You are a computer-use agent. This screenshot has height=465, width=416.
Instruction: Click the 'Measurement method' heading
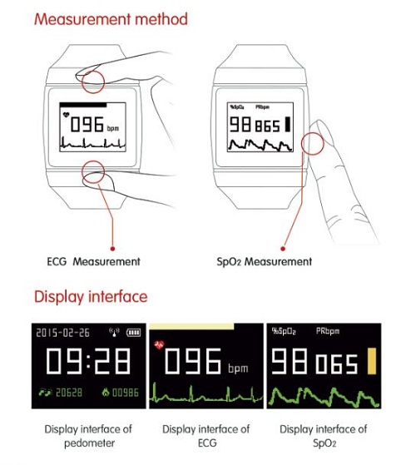(111, 19)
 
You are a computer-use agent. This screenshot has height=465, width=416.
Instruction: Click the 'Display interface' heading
(91, 297)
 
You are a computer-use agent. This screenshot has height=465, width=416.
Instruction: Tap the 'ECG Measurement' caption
(93, 261)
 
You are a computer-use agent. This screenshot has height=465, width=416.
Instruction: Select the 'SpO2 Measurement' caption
(265, 261)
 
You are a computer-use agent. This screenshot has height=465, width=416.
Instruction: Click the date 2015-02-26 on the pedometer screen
(62, 333)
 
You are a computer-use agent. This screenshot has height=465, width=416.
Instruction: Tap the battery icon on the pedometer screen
(133, 333)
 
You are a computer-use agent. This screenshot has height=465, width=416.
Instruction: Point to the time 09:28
(88, 361)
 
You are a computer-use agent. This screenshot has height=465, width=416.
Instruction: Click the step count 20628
(69, 393)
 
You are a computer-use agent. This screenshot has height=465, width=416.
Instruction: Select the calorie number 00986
(126, 393)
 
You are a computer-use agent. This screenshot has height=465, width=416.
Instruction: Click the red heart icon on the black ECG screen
(159, 344)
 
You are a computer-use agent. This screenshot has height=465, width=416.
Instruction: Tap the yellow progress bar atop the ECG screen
(191, 326)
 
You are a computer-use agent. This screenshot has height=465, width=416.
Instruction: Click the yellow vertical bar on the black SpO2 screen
(372, 361)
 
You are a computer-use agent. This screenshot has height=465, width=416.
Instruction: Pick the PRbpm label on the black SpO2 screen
(328, 331)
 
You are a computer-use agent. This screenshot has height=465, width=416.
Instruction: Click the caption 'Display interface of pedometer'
(88, 436)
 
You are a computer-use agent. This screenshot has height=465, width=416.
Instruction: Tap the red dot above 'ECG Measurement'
(112, 249)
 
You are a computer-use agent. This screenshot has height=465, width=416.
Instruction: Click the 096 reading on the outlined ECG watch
(87, 124)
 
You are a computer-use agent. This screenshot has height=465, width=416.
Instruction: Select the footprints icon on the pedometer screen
(45, 393)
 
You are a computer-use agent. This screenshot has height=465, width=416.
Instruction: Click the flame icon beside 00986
(106, 393)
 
